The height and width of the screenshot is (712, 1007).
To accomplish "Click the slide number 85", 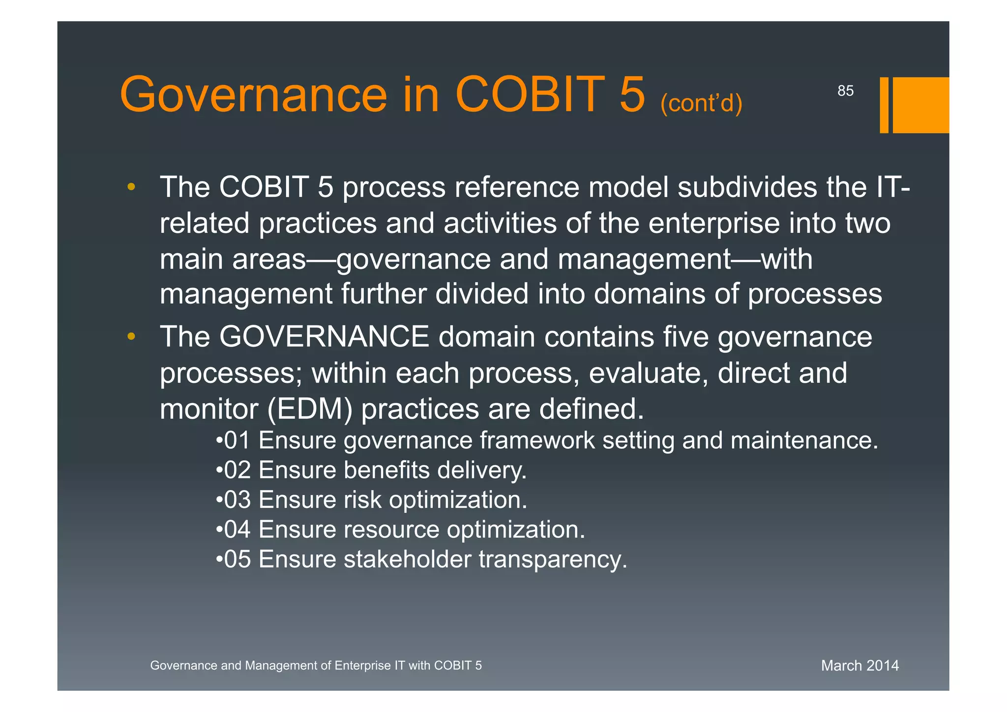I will tap(845, 91).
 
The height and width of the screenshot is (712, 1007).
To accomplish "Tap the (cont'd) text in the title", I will tap(701, 103).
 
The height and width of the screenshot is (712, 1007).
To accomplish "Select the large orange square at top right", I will tap(920, 105).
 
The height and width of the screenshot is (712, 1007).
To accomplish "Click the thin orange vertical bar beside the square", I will tap(884, 105).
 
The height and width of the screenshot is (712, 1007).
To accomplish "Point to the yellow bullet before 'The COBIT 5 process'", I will tap(131, 187).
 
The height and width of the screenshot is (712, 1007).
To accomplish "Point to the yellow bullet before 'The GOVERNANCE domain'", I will tap(131, 337).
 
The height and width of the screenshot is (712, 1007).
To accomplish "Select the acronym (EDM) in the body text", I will tap(310, 409).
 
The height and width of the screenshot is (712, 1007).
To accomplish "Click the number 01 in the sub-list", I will tap(237, 440).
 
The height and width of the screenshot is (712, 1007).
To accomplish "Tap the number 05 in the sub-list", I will tap(237, 559).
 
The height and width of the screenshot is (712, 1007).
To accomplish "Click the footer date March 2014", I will tap(859, 665).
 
